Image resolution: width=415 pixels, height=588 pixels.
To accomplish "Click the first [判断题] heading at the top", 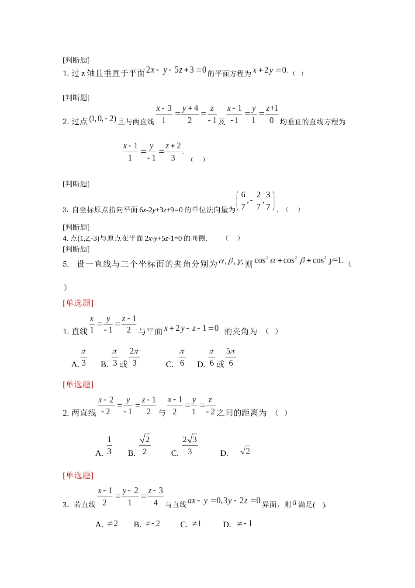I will click(x=76, y=60).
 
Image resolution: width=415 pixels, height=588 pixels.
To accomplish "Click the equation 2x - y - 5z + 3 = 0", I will click(x=176, y=70).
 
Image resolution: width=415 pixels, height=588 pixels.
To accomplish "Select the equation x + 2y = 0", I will click(x=270, y=70).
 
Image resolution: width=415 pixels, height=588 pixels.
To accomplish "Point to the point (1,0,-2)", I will click(x=103, y=119).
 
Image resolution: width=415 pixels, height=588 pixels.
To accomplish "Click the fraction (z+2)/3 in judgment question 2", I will click(x=173, y=152).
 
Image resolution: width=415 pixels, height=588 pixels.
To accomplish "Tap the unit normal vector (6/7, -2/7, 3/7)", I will click(x=256, y=201).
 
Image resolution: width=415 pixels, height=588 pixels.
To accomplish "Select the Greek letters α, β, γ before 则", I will click(x=231, y=261).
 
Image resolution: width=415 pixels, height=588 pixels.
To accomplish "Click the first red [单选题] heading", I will click(x=78, y=303).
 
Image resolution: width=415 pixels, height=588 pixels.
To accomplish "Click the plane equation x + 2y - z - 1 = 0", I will click(x=191, y=329).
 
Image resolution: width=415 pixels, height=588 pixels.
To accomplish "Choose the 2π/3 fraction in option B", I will click(x=134, y=357).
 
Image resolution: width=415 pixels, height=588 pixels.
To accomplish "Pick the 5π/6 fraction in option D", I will click(x=231, y=357).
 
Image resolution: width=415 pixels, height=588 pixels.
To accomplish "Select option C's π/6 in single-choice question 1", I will click(x=182, y=357).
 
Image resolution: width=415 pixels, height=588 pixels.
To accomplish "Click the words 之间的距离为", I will click(x=241, y=413).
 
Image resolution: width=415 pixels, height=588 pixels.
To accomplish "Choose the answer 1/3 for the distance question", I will click(x=109, y=445).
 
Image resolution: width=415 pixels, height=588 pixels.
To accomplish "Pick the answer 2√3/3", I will click(x=190, y=445).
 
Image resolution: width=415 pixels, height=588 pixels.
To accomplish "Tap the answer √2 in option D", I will click(x=245, y=451).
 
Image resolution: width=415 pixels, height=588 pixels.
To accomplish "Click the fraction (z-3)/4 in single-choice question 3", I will click(x=156, y=497).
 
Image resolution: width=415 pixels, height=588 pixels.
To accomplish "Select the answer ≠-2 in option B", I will click(x=152, y=524).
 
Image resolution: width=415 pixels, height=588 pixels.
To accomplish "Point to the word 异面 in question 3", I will click(x=270, y=504).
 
